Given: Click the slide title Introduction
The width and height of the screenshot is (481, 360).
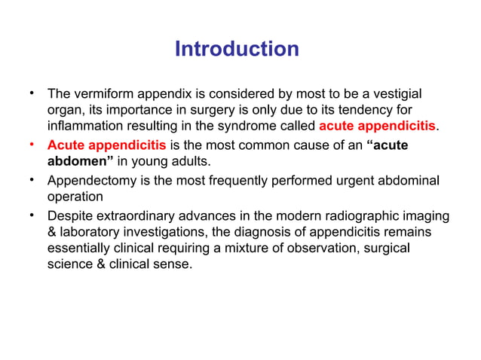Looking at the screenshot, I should (x=237, y=50).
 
